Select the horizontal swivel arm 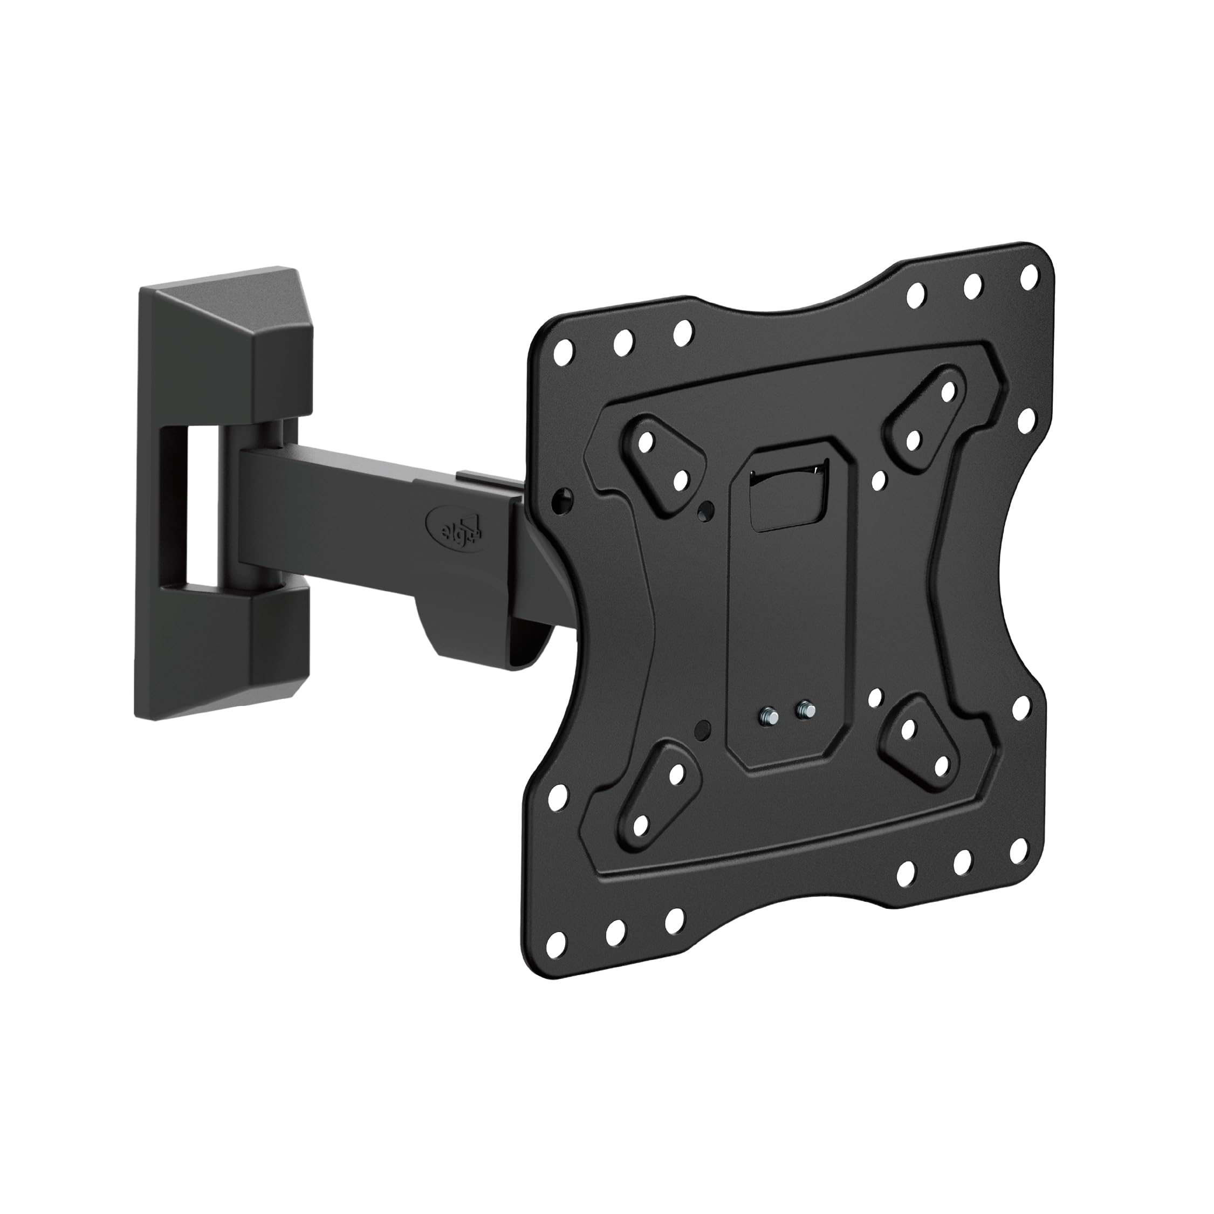tap(377, 503)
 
